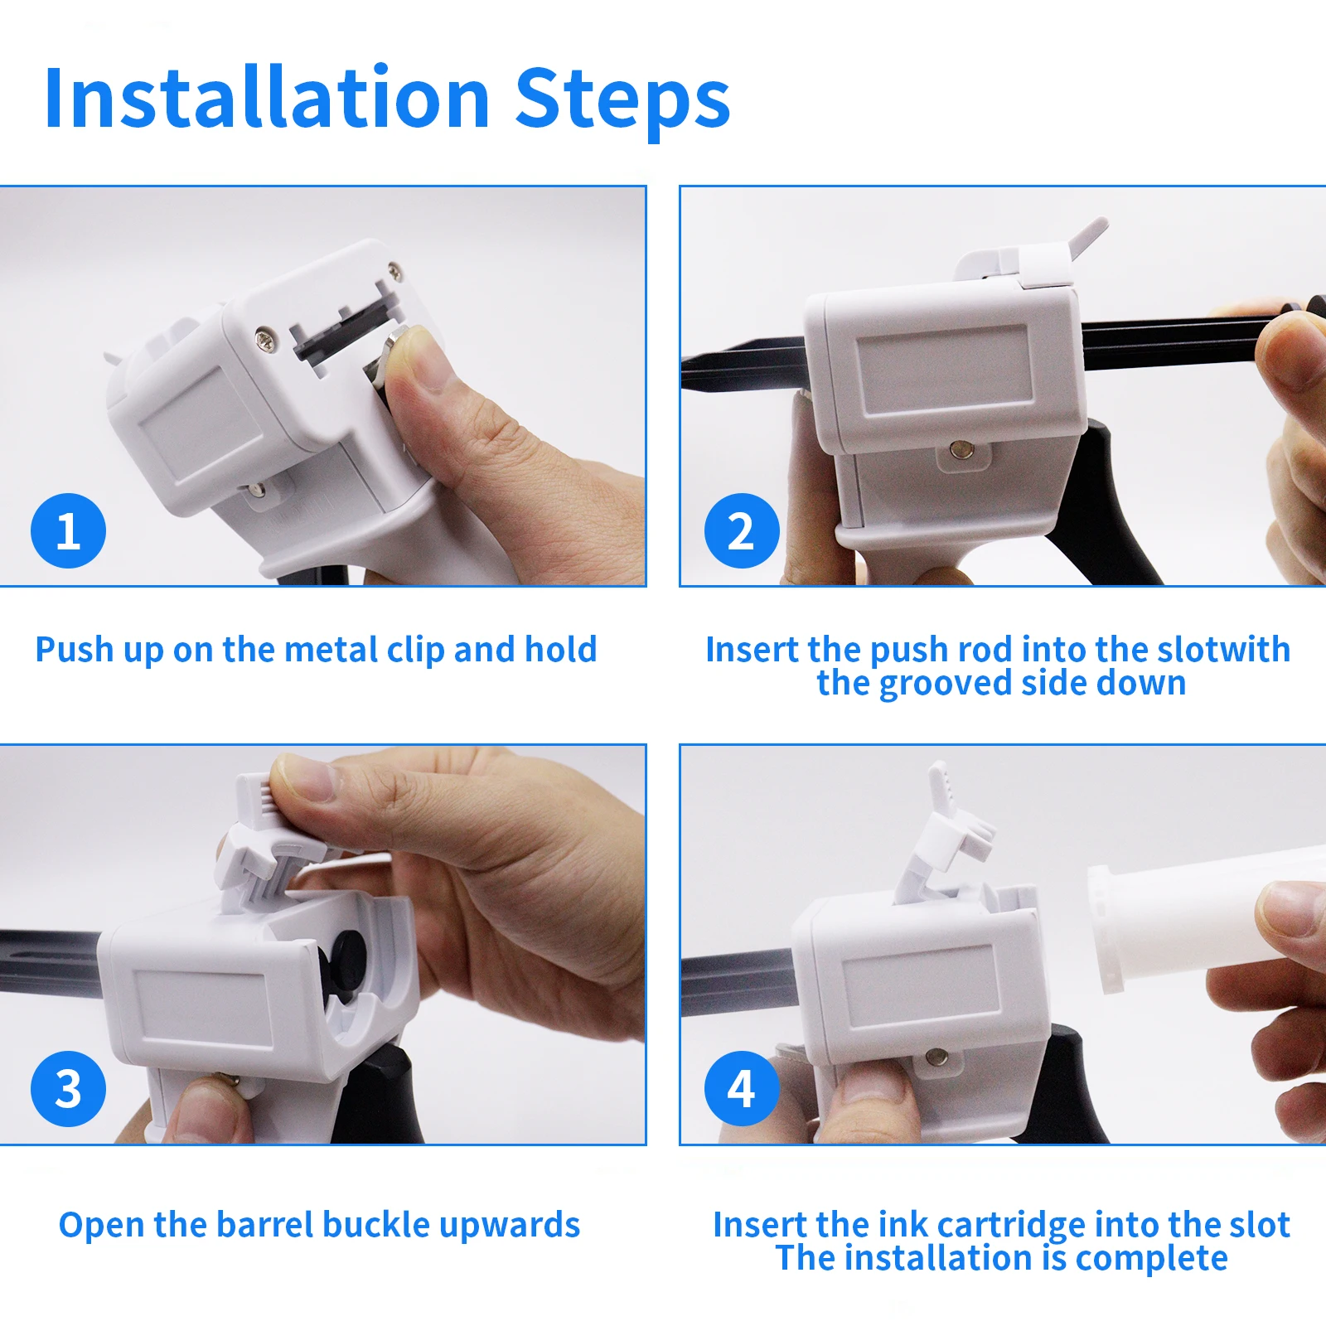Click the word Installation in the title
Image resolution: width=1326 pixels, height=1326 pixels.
click(268, 98)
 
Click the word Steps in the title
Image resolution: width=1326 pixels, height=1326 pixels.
click(622, 101)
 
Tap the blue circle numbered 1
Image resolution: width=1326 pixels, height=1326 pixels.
click(68, 530)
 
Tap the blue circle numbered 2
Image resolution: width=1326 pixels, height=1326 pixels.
click(742, 530)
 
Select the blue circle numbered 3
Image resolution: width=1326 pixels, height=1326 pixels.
click(68, 1088)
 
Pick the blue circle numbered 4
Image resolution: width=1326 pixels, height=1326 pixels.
click(742, 1088)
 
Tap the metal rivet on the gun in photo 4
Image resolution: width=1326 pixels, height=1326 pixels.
click(937, 1056)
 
